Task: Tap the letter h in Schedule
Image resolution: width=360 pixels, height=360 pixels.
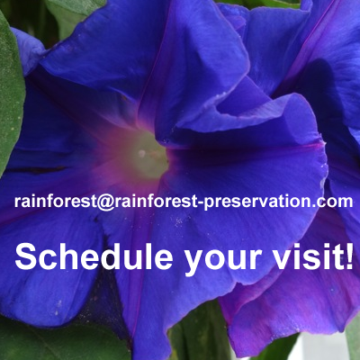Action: click(x=66, y=257)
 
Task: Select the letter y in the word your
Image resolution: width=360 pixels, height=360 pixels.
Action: click(x=193, y=262)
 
